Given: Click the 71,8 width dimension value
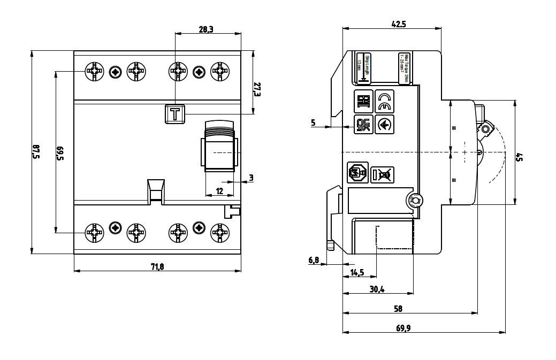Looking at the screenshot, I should [x=157, y=266].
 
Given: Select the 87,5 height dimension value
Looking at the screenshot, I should [x=36, y=152].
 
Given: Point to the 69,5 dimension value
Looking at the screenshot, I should [x=60, y=152].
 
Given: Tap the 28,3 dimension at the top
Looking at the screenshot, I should [x=206, y=29].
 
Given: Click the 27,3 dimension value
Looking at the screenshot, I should [x=257, y=89].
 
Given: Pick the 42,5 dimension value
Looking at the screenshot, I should [x=399, y=24].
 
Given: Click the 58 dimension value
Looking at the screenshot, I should [x=398, y=309].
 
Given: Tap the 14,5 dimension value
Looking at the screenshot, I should [x=357, y=272].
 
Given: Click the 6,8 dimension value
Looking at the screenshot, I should [x=314, y=260].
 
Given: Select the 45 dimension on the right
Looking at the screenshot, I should [x=519, y=157].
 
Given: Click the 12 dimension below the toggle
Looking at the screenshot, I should [x=219, y=191].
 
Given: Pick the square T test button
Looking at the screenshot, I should [x=175, y=114].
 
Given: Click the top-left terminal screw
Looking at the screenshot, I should [x=95, y=71].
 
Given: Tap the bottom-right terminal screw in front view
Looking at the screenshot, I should [x=219, y=232].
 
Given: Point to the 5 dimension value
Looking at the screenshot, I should [x=313, y=123].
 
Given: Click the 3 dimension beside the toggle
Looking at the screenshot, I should [x=250, y=178].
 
